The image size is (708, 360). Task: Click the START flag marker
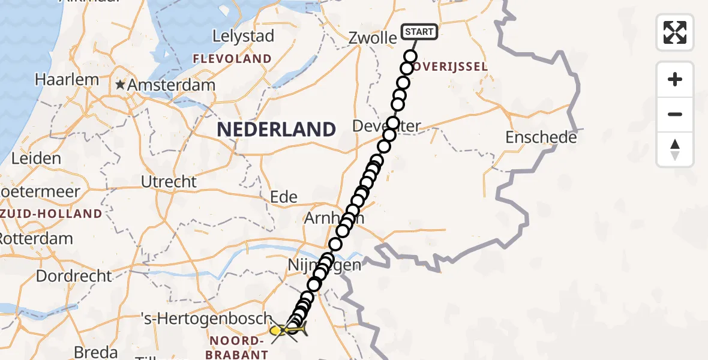[419, 32]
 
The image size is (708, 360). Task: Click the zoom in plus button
[675, 79]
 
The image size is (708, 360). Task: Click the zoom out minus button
[675, 114]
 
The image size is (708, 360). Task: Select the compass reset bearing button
[675, 149]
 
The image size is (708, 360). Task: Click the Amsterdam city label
[171, 85]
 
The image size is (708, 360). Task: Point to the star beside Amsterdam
[121, 85]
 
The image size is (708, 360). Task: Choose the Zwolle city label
[373, 38]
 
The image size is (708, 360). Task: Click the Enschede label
[541, 137]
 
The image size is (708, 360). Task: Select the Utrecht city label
[169, 181]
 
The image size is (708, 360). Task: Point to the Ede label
[284, 197]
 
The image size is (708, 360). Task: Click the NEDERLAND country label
[276, 129]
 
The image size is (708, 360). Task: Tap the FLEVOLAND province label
[232, 59]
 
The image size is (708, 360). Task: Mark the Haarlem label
[67, 79]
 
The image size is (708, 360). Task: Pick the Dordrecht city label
[74, 276]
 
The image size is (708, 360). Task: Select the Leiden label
[36, 158]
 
